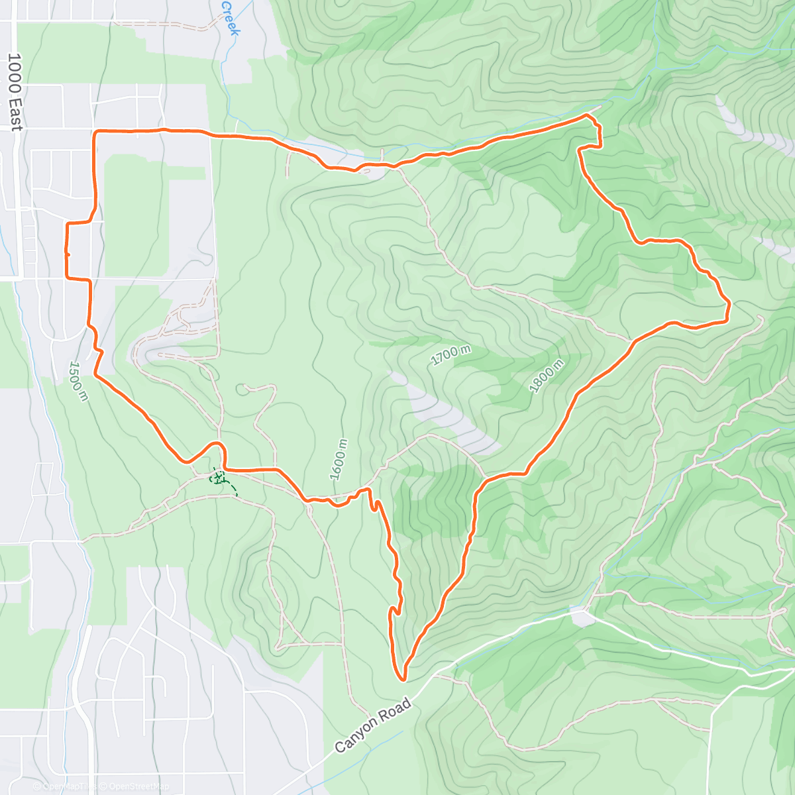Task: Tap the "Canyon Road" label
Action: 372,725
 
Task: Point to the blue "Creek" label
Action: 229,19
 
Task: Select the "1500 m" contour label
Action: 78,381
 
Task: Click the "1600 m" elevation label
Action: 339,459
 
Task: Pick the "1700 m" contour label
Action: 450,356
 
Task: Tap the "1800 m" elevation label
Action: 547,376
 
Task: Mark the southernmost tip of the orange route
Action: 401,679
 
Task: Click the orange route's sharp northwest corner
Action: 96,133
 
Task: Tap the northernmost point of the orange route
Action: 586,115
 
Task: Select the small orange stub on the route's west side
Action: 68,252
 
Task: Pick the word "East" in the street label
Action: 15,117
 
